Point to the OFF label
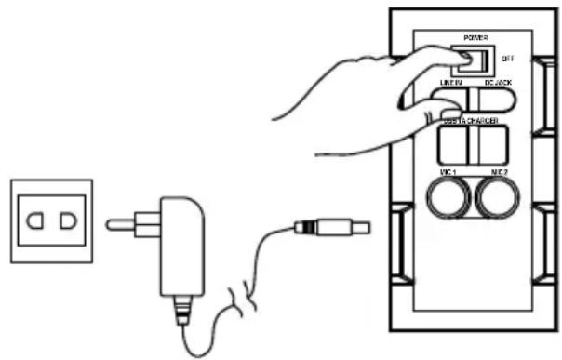(508, 58)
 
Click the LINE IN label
(450, 84)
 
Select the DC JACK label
(499, 84)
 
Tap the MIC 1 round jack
(448, 198)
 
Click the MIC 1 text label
(448, 173)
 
